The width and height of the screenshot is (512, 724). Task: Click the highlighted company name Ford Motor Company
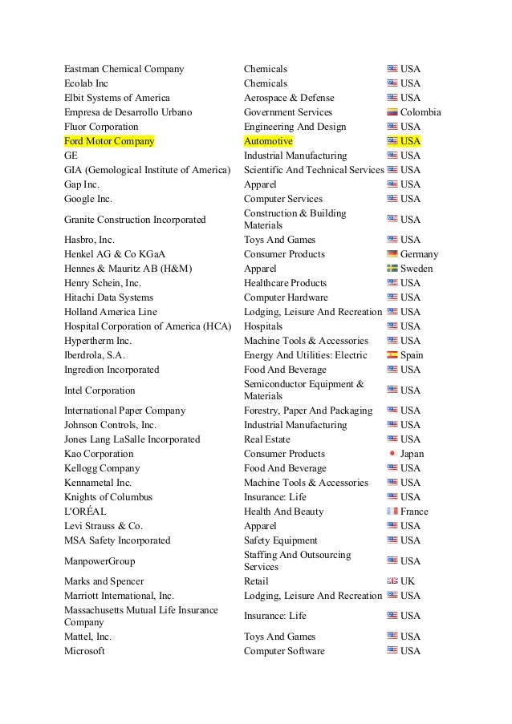click(109, 141)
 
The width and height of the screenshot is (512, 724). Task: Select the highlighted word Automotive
click(268, 141)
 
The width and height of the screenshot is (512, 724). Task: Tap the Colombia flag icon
click(392, 112)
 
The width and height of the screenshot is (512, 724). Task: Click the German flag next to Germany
click(392, 254)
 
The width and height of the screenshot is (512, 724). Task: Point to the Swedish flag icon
click(392, 269)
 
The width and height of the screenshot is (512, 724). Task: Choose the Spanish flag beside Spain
click(392, 355)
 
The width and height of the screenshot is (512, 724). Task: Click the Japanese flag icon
click(392, 454)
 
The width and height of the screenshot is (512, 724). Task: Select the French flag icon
click(392, 512)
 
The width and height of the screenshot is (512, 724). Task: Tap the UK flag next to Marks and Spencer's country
click(392, 581)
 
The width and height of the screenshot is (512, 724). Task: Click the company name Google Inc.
click(88, 199)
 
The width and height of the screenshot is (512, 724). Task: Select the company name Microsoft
click(84, 651)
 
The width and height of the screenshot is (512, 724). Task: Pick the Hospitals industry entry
click(263, 326)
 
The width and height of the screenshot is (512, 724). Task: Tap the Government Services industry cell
click(287, 112)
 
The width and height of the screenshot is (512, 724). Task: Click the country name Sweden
click(417, 269)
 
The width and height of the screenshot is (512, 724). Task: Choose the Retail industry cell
click(256, 581)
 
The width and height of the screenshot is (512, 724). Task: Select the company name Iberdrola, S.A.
click(95, 355)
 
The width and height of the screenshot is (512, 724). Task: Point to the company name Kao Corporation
click(99, 454)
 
